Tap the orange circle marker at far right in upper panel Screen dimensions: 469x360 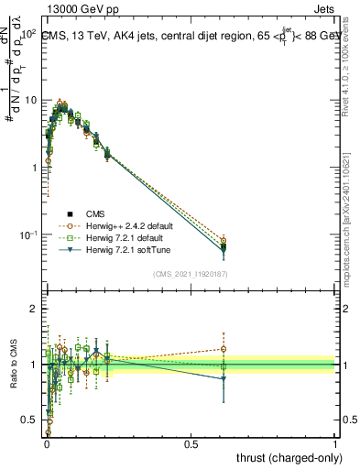tap(223, 240)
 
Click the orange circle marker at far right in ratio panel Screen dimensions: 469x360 tap(223, 348)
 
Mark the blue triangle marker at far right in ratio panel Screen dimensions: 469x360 tap(223, 378)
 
